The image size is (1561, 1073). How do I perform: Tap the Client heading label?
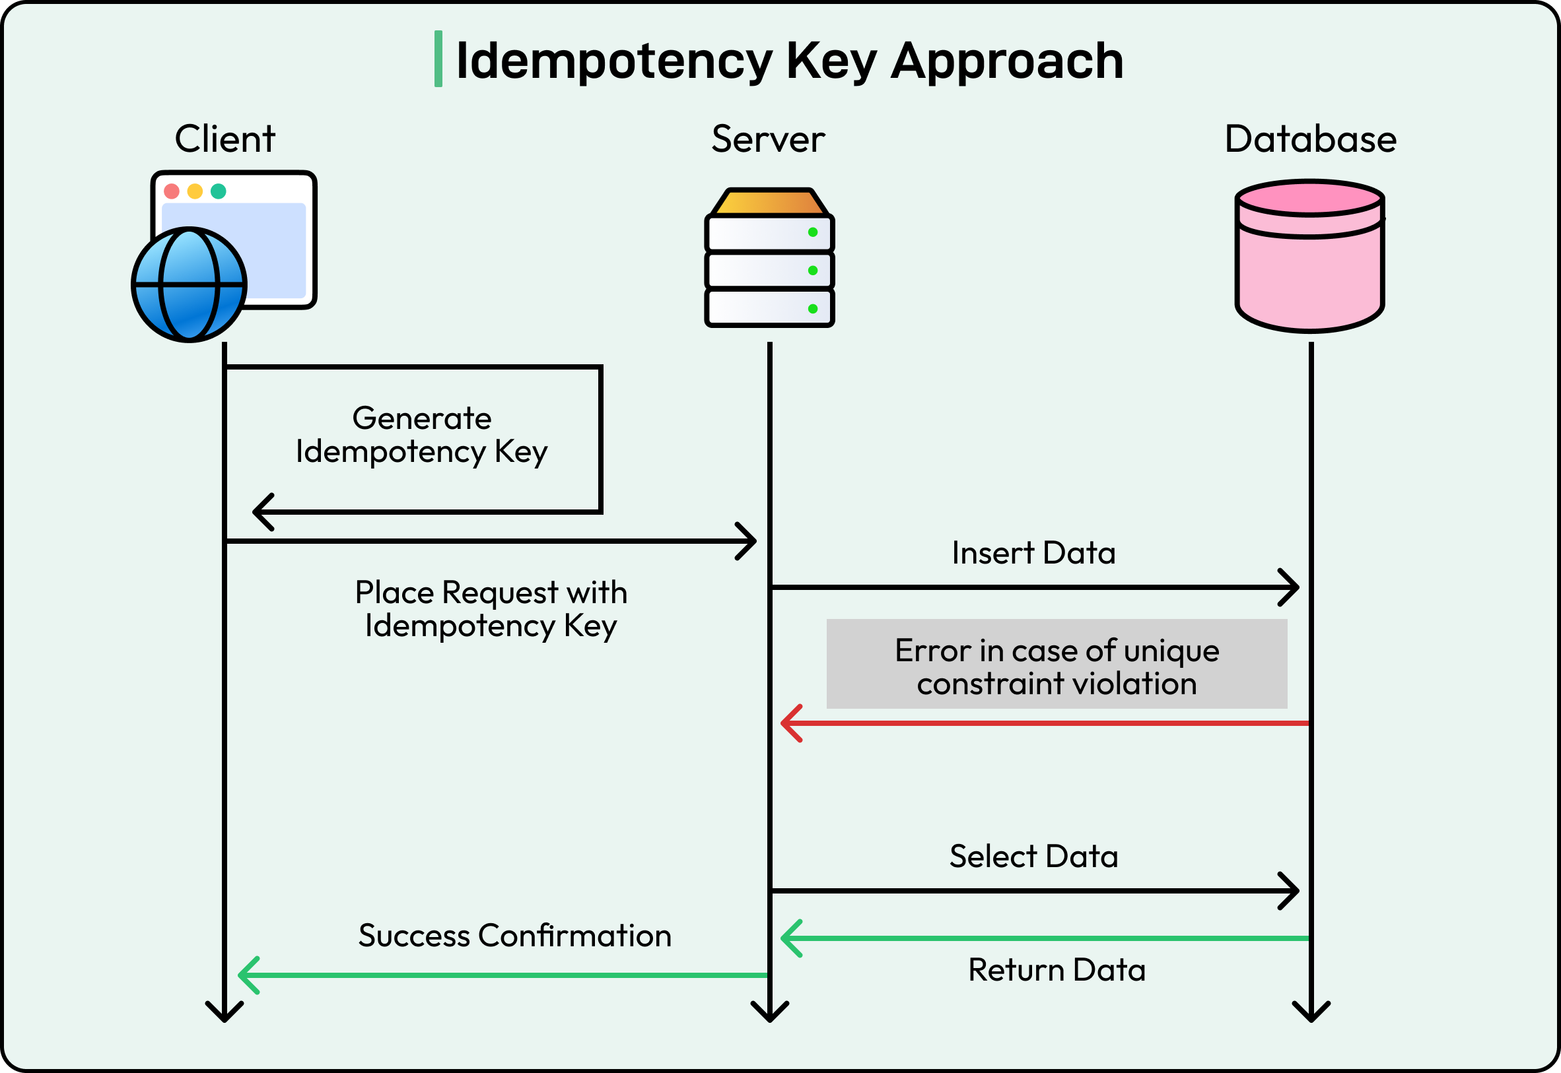225,139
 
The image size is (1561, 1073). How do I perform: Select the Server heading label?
768,139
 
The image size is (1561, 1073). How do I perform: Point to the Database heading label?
1310,139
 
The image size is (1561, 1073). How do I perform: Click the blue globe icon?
189,285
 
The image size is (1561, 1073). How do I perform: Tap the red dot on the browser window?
172,191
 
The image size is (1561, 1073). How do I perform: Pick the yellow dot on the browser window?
195,191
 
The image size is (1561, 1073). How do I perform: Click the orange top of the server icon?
769,203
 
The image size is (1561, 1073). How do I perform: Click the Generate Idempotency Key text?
422,435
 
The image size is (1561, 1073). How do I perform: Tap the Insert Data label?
1033,553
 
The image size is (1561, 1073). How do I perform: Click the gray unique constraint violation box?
1057,665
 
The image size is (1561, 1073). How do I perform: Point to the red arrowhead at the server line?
791,723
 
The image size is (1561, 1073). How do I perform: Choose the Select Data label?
1033,857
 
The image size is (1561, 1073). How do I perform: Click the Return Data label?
1057,970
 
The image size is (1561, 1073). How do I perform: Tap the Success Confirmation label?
514,936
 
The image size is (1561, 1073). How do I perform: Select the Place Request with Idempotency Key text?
491,609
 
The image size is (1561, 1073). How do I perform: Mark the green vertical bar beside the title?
438,59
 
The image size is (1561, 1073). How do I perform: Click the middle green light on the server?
812,271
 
